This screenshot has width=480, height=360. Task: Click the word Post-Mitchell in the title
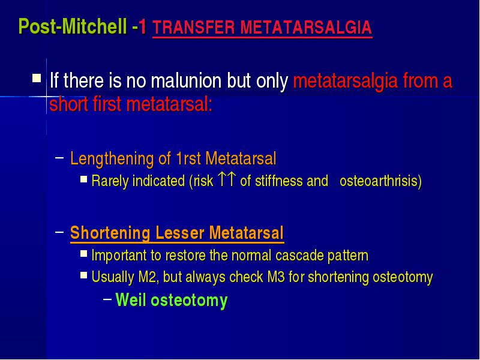point(73,26)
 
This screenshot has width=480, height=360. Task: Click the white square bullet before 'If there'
point(37,78)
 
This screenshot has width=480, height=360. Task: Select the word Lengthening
point(112,159)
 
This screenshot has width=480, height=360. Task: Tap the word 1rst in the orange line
point(188,158)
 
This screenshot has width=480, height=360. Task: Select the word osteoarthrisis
point(380,181)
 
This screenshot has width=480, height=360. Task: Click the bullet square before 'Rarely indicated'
point(84,179)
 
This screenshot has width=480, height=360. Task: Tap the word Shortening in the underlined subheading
point(110,233)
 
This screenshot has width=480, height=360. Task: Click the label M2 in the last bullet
point(148,277)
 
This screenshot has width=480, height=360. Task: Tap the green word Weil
point(131,299)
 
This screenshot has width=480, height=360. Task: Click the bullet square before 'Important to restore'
point(84,253)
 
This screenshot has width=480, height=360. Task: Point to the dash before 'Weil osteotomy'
point(107,299)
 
